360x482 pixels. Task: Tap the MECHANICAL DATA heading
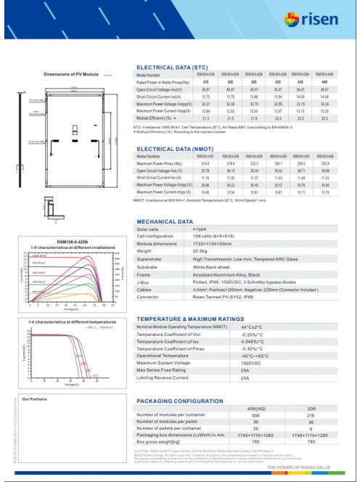click(165, 221)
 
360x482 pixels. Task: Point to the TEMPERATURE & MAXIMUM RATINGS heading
click(191, 319)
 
